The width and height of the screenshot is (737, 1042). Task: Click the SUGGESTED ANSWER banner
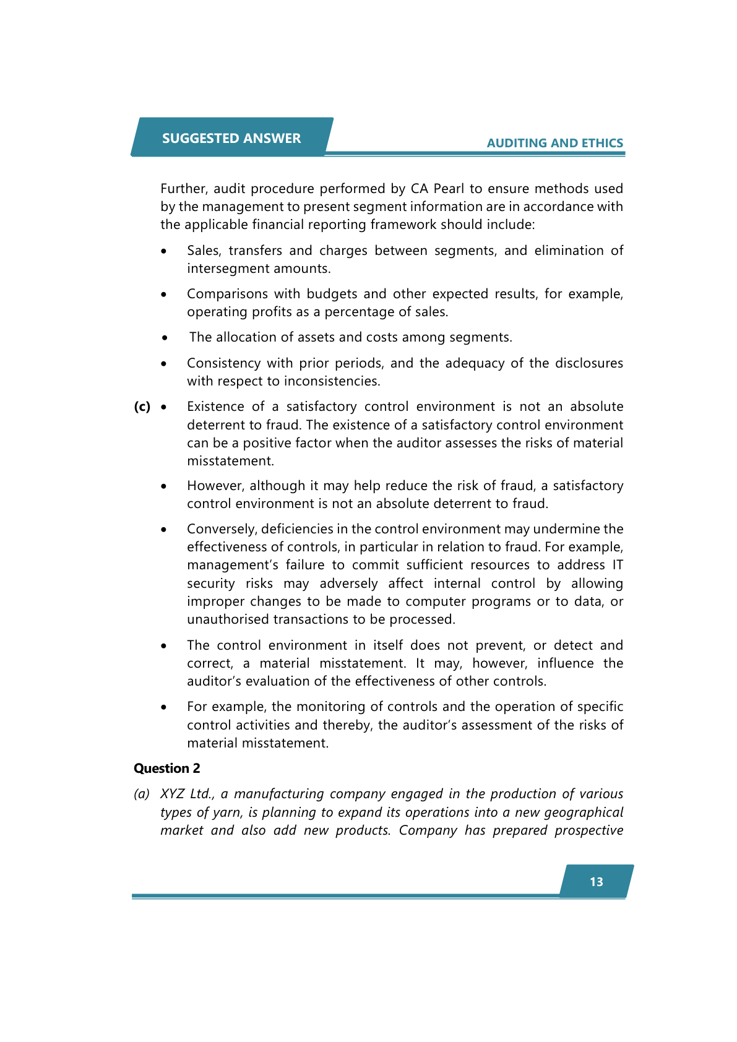[231, 138]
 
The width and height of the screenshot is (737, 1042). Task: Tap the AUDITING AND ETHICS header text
[554, 143]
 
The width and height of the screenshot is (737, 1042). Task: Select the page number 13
[596, 882]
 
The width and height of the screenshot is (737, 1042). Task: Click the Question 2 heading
[167, 768]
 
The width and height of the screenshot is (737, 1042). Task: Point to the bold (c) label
[142, 407]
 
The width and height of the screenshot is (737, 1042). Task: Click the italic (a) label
[142, 794]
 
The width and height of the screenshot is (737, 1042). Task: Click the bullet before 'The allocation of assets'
[165, 338]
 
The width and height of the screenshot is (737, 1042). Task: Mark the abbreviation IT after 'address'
[617, 565]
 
